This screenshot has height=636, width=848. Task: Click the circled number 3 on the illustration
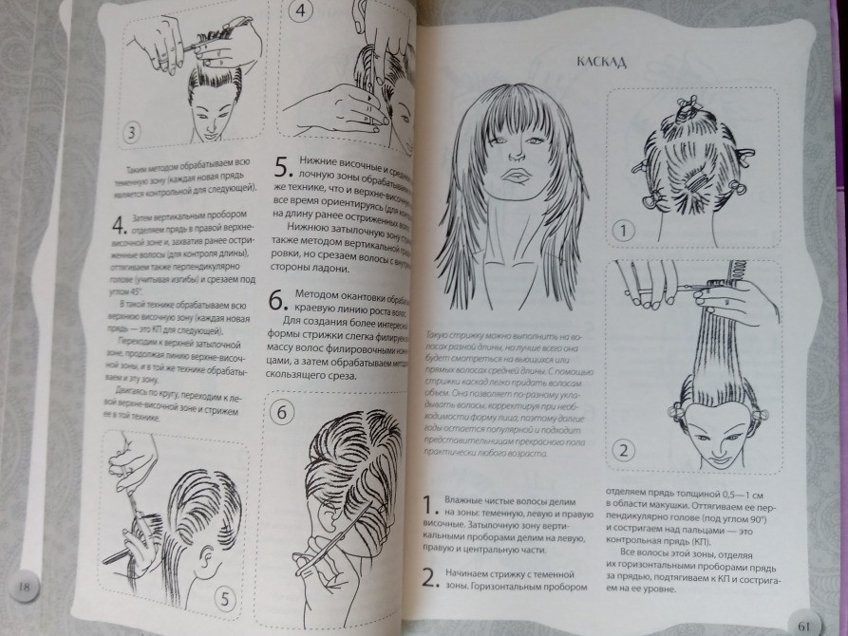(133, 131)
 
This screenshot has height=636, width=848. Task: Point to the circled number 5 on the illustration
(225, 597)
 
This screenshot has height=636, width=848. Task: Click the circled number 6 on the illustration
(283, 412)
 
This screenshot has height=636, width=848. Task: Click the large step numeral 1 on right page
(428, 505)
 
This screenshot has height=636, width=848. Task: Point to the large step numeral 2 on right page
(428, 576)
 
